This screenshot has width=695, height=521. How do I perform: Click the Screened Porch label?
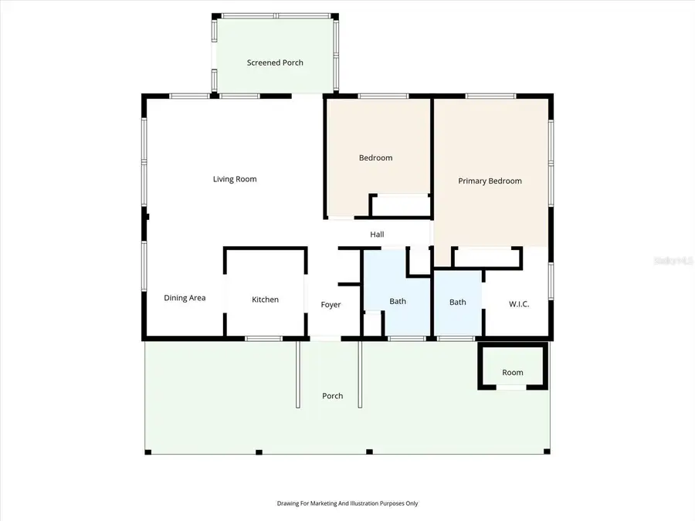pyautogui.click(x=275, y=63)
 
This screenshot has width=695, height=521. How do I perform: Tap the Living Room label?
pyautogui.click(x=235, y=179)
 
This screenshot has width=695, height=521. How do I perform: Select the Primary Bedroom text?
pyautogui.click(x=490, y=181)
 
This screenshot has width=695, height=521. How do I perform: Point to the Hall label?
pyautogui.click(x=377, y=235)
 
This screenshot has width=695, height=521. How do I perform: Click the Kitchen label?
pyautogui.click(x=265, y=299)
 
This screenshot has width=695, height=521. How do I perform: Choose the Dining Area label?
pyautogui.click(x=185, y=298)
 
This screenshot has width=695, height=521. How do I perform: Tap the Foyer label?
pyautogui.click(x=331, y=304)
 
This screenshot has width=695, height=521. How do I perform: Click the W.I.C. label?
pyautogui.click(x=519, y=304)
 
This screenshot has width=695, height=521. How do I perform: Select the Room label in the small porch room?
pyautogui.click(x=513, y=373)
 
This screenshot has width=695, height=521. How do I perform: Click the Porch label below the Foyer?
pyautogui.click(x=332, y=396)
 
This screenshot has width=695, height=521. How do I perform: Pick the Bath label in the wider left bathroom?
pyautogui.click(x=398, y=301)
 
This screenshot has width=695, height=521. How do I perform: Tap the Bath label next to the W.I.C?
pyautogui.click(x=457, y=302)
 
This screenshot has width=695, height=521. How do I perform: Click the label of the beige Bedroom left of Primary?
pyautogui.click(x=375, y=157)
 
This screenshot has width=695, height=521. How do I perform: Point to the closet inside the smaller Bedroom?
pyautogui.click(x=401, y=205)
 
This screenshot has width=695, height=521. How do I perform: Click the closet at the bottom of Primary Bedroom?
pyautogui.click(x=486, y=257)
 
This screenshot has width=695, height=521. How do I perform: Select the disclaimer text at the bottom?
pyautogui.click(x=347, y=503)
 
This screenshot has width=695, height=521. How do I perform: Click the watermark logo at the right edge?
pyautogui.click(x=673, y=261)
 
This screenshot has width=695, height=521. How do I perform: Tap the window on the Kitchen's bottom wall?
pyautogui.click(x=263, y=339)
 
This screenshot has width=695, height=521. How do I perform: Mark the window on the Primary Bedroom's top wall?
pyautogui.click(x=490, y=96)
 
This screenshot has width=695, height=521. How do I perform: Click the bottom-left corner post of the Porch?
pyautogui.click(x=148, y=452)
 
